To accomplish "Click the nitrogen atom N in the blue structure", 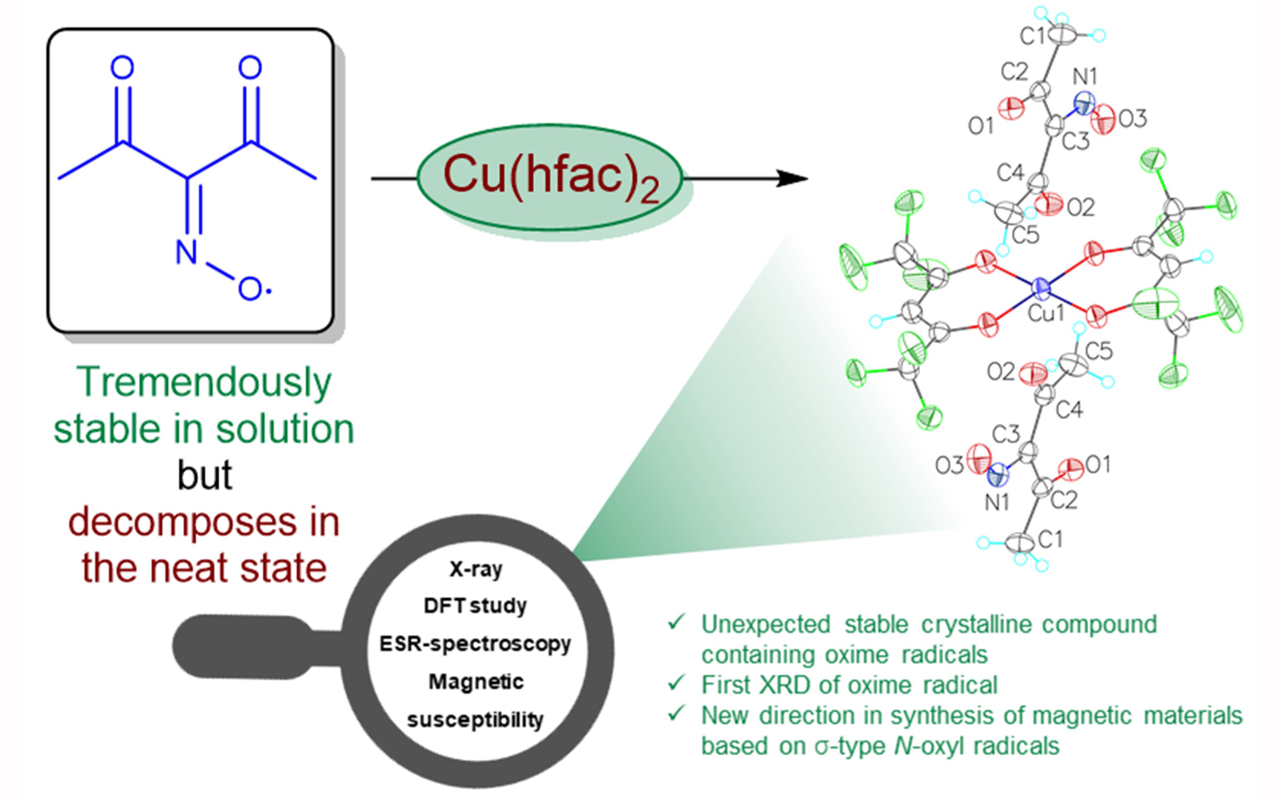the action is (x=186, y=252).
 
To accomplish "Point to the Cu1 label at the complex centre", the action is (x=1045, y=313).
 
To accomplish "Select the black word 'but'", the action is (x=204, y=475).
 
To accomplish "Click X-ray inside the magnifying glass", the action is (x=476, y=569).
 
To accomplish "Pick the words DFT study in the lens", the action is (x=475, y=606).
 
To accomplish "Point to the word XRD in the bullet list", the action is (x=784, y=685).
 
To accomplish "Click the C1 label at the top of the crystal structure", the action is (x=1033, y=36).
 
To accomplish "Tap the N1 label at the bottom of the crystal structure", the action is (x=997, y=502).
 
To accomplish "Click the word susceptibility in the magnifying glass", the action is (x=475, y=720).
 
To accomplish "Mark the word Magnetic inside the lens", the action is (x=476, y=682).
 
